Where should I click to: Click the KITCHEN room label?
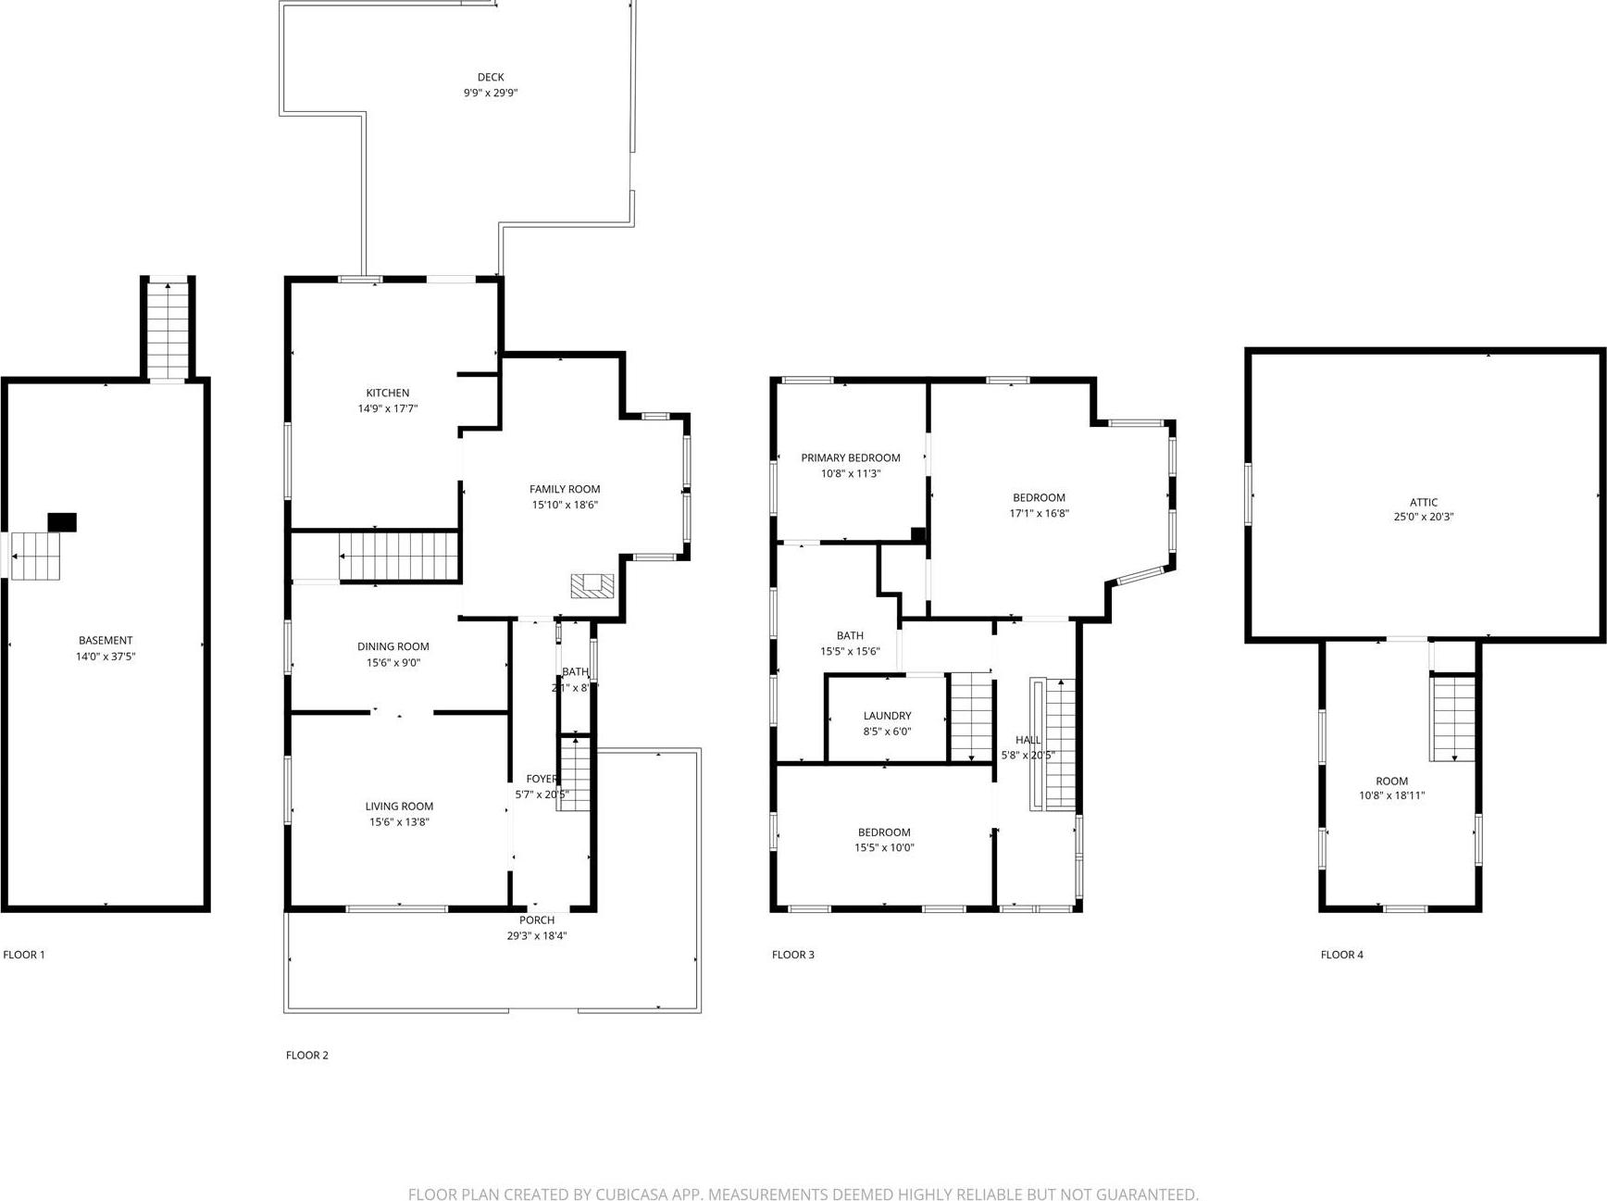[387, 393]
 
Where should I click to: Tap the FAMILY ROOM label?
[565, 489]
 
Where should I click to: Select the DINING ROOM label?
[393, 646]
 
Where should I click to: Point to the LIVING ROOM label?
[399, 807]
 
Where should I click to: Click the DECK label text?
[491, 78]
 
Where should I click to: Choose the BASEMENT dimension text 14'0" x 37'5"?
[106, 657]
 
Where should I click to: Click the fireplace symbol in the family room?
[592, 585]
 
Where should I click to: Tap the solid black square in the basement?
[62, 522]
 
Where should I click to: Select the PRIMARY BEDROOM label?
[850, 457]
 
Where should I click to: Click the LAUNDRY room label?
[887, 716]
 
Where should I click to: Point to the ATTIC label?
[1424, 503]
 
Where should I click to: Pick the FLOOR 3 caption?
[793, 955]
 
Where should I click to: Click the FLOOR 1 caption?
[24, 955]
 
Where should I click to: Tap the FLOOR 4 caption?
[1341, 955]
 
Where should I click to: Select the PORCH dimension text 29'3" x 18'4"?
[537, 936]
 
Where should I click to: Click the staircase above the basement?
[168, 330]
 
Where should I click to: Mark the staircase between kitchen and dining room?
[399, 556]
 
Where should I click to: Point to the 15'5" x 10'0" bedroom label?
[884, 832]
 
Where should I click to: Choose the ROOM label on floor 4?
[1391, 781]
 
